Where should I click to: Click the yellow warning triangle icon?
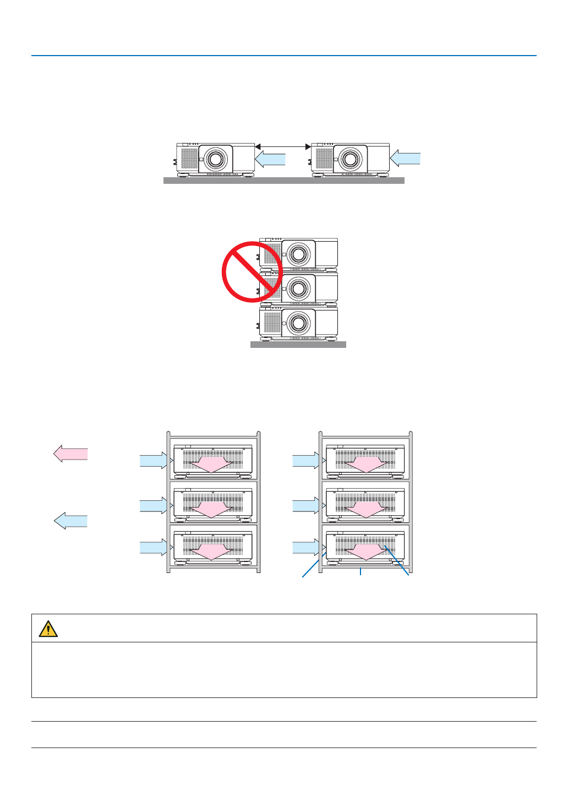[x=48, y=629]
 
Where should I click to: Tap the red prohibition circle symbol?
[x=252, y=271]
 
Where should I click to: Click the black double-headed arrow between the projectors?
[x=283, y=147]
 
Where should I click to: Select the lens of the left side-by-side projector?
[x=215, y=159]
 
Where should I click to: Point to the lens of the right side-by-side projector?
[x=350, y=159]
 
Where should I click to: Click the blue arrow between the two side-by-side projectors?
[x=271, y=159]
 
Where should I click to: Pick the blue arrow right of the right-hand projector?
[x=405, y=159]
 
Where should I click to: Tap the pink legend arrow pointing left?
[x=70, y=454]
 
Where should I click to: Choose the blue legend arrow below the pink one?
[x=70, y=520]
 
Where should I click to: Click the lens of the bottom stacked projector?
[x=298, y=323]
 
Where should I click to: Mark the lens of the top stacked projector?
[x=298, y=254]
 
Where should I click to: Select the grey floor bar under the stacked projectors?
[x=298, y=345]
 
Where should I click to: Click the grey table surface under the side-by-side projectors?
[x=283, y=181]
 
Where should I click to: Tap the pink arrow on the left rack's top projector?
[x=211, y=463]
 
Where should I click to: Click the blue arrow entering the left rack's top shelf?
[x=154, y=460]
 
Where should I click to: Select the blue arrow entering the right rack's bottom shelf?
[x=306, y=547]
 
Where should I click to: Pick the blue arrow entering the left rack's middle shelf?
[x=154, y=505]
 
